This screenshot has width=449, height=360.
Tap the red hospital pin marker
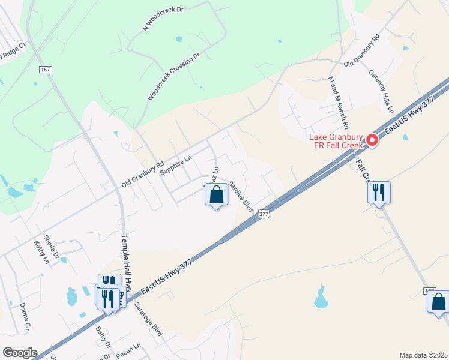pyautogui.click(x=372, y=141)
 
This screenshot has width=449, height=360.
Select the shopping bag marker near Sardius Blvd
pyautogui.click(x=217, y=195)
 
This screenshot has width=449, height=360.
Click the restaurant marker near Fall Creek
pyautogui.click(x=379, y=193)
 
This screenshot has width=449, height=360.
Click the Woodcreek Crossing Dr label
pyautogui.click(x=173, y=77)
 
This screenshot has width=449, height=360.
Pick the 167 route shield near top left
pyautogui.click(x=46, y=70)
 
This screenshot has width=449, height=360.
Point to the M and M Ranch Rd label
pyautogui.click(x=338, y=102)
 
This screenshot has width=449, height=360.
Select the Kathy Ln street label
pyautogui.click(x=41, y=252)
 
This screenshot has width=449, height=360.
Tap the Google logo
pyautogui.click(x=20, y=353)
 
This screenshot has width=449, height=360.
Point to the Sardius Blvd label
pyautogui.click(x=240, y=195)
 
